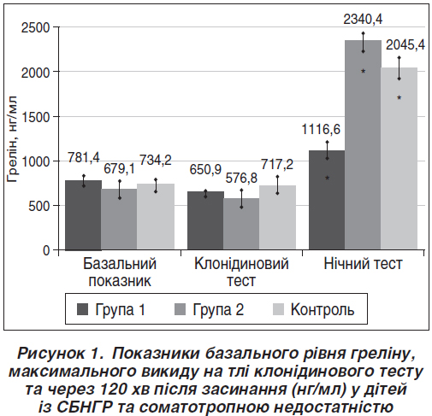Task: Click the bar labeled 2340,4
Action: pos(363,145)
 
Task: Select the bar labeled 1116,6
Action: pos(327,200)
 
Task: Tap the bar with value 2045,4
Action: pos(399,159)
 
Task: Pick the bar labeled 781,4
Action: pos(83,215)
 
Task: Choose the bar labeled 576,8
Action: pos(241,224)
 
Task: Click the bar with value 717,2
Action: pos(277,218)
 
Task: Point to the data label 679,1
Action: pos(119,169)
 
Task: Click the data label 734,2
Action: pos(156,160)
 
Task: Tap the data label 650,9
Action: pos(205,170)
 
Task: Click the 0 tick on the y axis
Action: pos(46,250)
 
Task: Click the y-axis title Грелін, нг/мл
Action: pos(12,139)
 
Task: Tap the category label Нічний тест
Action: pos(363,264)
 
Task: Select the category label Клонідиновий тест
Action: pos(241,272)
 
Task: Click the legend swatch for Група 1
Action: pos(82,309)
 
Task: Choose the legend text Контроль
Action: pos(323,309)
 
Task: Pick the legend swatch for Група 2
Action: pos(180,309)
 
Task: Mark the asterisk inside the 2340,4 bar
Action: pos(363,71)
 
